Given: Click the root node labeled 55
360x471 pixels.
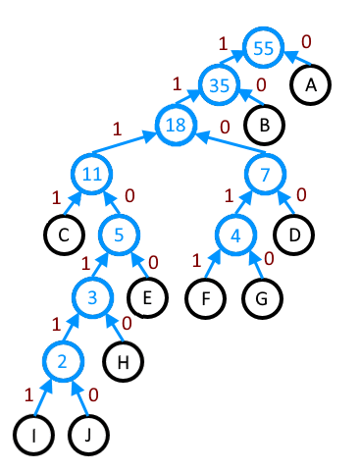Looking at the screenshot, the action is pyautogui.click(x=264, y=48).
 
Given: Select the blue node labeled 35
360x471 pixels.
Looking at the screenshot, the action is pyautogui.click(x=219, y=85).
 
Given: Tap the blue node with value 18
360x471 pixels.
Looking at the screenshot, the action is pyautogui.click(x=176, y=125).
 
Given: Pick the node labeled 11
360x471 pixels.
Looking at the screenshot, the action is pyautogui.click(x=92, y=174).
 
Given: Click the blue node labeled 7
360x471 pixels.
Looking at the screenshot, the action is pyautogui.click(x=265, y=174).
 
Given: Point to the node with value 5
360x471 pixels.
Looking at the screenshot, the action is pyautogui.click(x=120, y=235).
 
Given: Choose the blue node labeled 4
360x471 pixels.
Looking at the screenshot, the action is pyautogui.click(x=235, y=235).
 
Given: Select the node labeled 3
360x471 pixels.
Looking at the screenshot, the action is pyautogui.click(x=93, y=297).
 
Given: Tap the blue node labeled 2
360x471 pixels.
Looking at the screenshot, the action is pyautogui.click(x=63, y=361).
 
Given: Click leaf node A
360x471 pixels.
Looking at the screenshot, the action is pyautogui.click(x=310, y=85).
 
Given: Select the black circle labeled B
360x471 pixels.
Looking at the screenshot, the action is pyautogui.click(x=264, y=125).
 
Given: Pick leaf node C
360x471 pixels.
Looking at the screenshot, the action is pyautogui.click(x=64, y=235).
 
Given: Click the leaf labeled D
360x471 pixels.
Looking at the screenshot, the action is pyautogui.click(x=294, y=235).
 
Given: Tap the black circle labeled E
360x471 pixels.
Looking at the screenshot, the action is pyautogui.click(x=147, y=297).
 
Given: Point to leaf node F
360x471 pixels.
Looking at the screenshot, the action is pyautogui.click(x=205, y=298).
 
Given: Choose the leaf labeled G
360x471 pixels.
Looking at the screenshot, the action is pyautogui.click(x=262, y=298).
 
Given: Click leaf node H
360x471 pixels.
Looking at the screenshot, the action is pyautogui.click(x=123, y=362).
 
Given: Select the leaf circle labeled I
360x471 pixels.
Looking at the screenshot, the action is pyautogui.click(x=33, y=435).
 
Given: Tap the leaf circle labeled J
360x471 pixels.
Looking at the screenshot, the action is pyautogui.click(x=88, y=435).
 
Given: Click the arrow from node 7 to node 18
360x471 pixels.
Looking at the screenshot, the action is pyautogui.click(x=231, y=142).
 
